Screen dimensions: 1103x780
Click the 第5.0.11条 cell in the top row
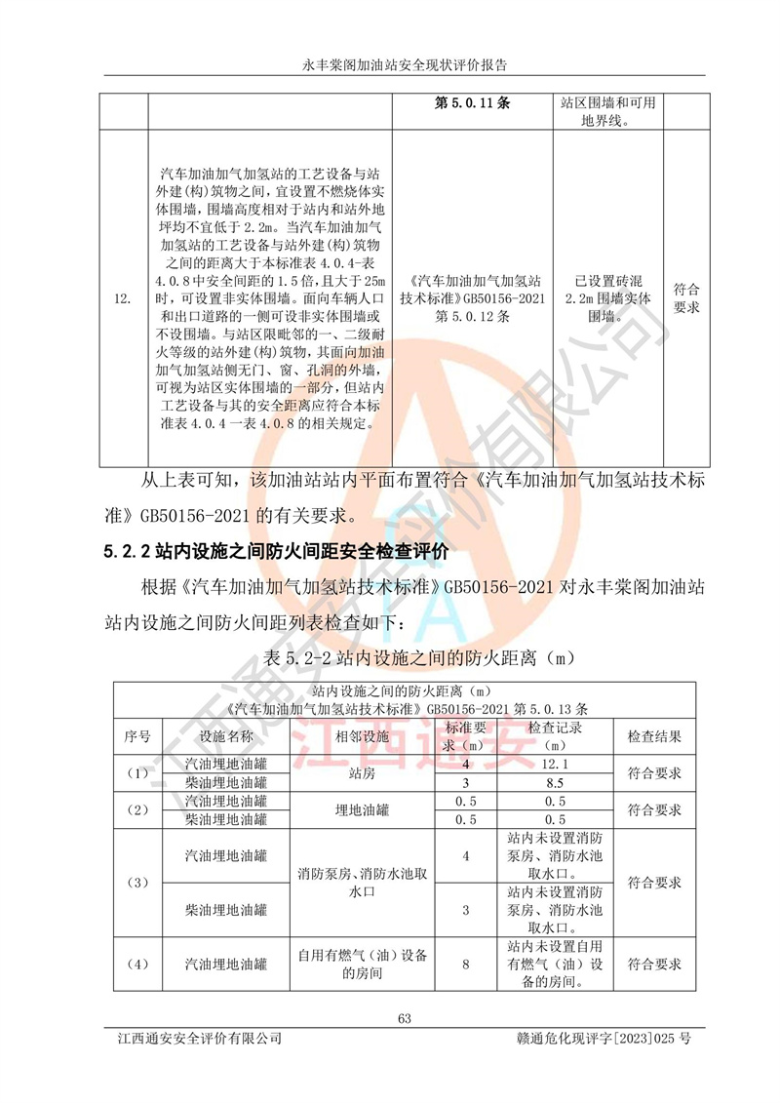click(x=471, y=101)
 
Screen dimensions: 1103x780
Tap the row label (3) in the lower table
click(x=137, y=883)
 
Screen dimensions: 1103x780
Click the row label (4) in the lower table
click(x=137, y=965)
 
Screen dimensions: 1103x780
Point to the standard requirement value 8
click(x=466, y=965)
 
